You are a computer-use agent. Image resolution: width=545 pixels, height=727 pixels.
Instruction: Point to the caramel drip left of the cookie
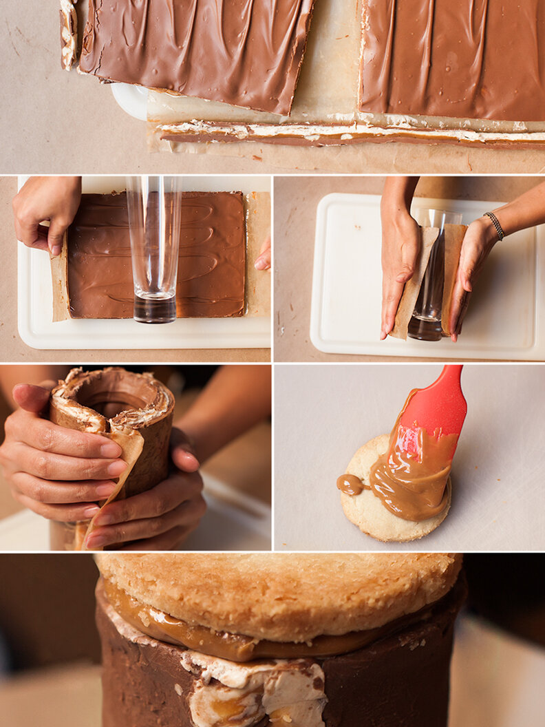(351, 485)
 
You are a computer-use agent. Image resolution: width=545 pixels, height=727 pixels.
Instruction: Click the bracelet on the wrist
(493, 225)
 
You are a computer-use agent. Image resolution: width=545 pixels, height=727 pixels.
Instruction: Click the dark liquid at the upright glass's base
(154, 308)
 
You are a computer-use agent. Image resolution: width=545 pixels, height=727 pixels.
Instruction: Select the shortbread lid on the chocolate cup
(275, 592)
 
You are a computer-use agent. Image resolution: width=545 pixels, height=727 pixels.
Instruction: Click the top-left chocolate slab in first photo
(193, 48)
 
